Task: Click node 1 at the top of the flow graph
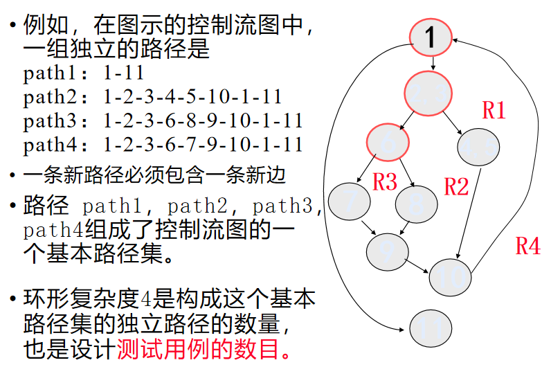(x=430, y=37)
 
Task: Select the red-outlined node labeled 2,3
(x=428, y=93)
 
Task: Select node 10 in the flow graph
(x=450, y=276)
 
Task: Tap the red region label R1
(x=494, y=110)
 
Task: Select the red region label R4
(x=527, y=246)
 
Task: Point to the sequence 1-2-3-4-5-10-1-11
(x=193, y=97)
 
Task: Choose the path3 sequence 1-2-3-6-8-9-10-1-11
(x=203, y=120)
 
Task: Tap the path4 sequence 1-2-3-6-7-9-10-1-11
(x=203, y=144)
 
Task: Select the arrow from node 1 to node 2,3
(x=432, y=63)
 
